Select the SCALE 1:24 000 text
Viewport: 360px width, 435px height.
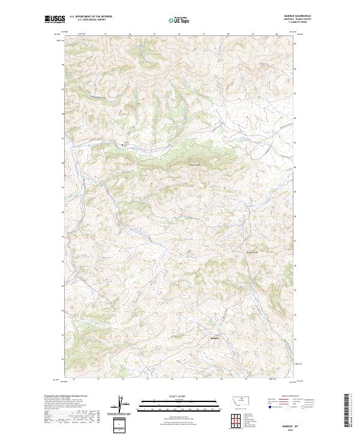[171, 395]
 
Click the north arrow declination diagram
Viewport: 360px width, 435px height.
[119, 405]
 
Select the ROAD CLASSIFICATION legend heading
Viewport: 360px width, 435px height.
[291, 396]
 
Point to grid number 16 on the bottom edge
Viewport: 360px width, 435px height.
[172, 379]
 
